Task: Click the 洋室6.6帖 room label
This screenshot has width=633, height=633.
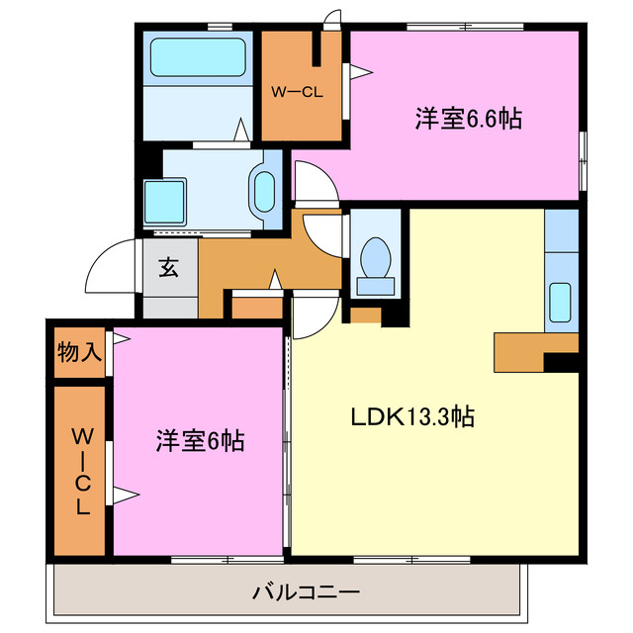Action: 468,119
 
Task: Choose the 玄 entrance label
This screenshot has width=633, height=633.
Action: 169,268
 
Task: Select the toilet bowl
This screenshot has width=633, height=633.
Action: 376,261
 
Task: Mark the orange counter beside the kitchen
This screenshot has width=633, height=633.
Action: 524,350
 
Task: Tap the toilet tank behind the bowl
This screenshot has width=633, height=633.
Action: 376,286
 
